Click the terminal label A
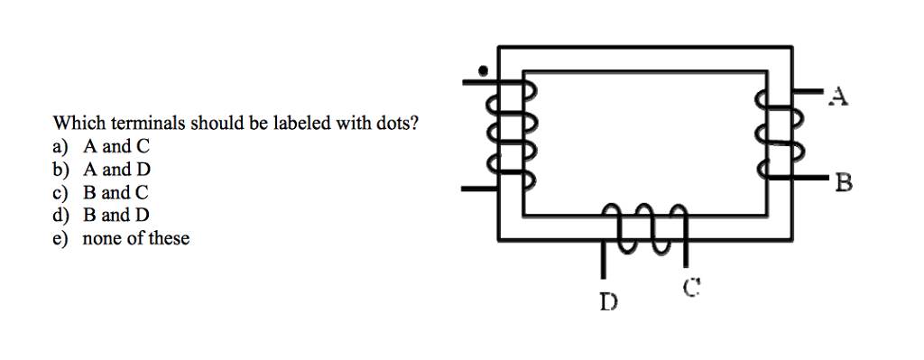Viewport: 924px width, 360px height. pyautogui.click(x=839, y=96)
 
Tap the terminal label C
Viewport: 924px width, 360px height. pyautogui.click(x=691, y=289)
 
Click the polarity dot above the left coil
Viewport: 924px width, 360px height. pyautogui.click(x=484, y=69)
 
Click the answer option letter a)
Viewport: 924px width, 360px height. pyautogui.click(x=60, y=146)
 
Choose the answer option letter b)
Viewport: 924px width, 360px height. pyautogui.click(x=60, y=170)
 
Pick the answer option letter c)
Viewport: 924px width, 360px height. pyautogui.click(x=60, y=193)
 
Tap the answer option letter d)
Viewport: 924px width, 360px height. pyautogui.click(x=60, y=216)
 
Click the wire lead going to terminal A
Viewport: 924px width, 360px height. pyautogui.click(x=807, y=92)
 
